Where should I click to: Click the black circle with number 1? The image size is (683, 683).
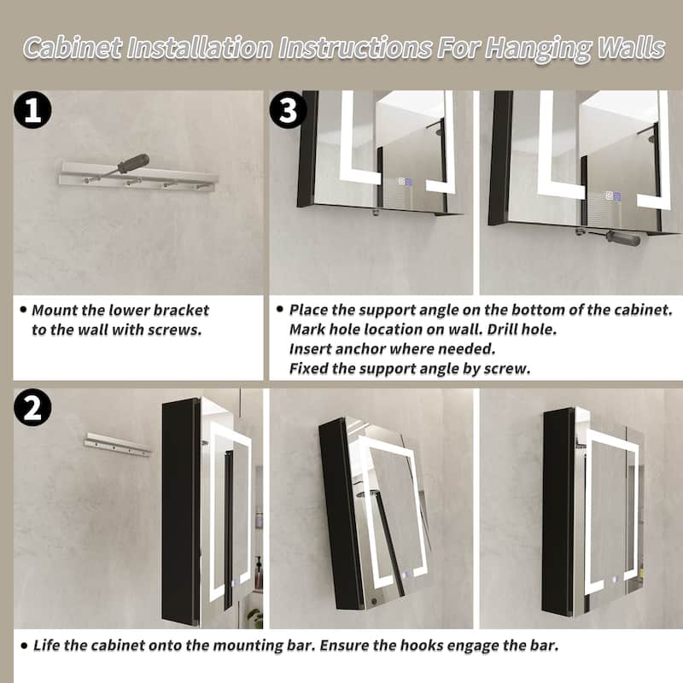pos(32,110)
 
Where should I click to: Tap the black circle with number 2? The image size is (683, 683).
pos(32,408)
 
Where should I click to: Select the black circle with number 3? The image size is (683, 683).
pos(288,109)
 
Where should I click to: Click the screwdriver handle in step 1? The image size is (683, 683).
pos(133,163)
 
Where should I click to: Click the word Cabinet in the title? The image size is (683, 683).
pos(73,48)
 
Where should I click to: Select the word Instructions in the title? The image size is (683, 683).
pos(355,48)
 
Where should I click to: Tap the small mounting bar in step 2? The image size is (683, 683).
pos(118,445)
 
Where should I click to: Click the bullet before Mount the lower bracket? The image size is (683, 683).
pos(23,310)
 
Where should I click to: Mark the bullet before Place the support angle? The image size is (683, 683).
pos(280,309)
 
